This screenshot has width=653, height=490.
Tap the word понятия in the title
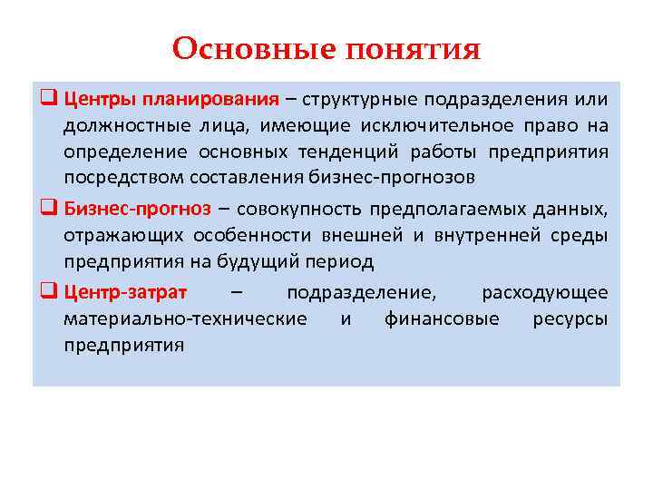[413, 49]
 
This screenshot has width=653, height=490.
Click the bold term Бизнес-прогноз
[137, 209]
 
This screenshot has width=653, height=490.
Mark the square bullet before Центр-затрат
[50, 293]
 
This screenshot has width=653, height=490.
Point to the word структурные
[359, 97]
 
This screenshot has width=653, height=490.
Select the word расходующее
[544, 292]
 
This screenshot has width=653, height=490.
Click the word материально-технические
[185, 318]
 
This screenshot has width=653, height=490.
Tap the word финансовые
[442, 318]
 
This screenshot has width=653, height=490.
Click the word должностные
[118, 124]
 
